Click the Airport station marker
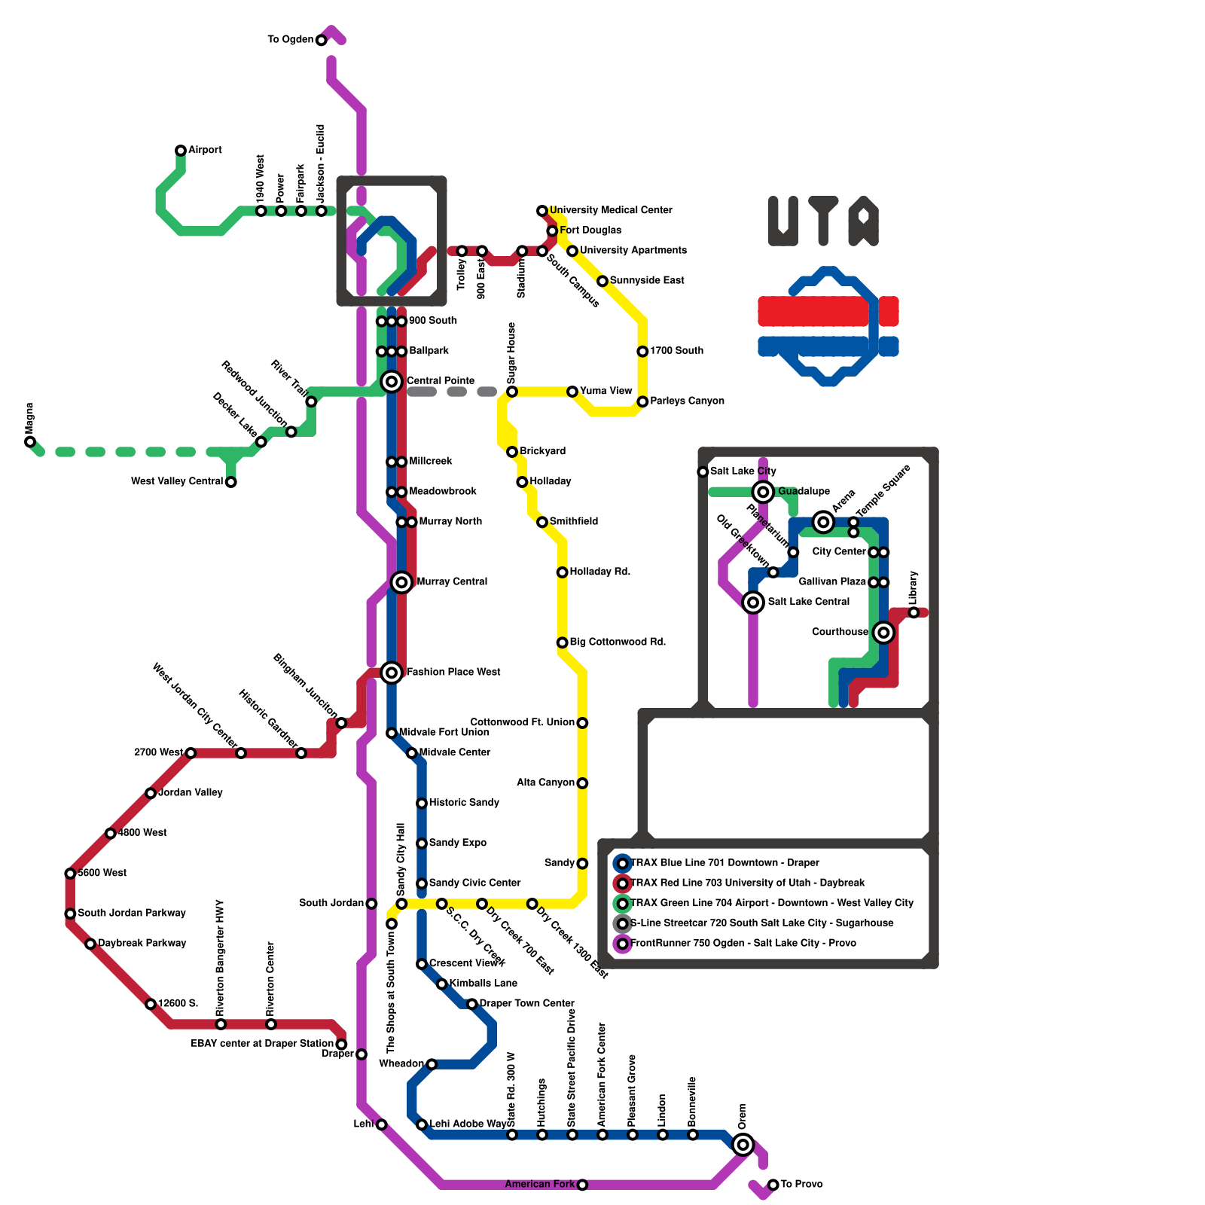point(181,151)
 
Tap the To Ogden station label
point(290,40)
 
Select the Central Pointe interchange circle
point(392,382)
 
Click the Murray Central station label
point(452,582)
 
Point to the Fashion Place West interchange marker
point(392,673)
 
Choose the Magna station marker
point(30,442)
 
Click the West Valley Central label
point(177,482)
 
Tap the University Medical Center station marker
point(542,211)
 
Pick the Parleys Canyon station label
point(687,401)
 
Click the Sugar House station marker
point(512,392)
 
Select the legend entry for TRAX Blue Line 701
point(725,863)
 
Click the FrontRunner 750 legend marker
point(623,944)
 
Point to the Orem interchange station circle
point(743,1145)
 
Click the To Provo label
point(801,1185)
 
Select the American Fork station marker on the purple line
point(582,1185)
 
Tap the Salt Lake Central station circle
point(753,602)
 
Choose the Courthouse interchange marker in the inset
point(883,633)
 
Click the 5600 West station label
point(102,874)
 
